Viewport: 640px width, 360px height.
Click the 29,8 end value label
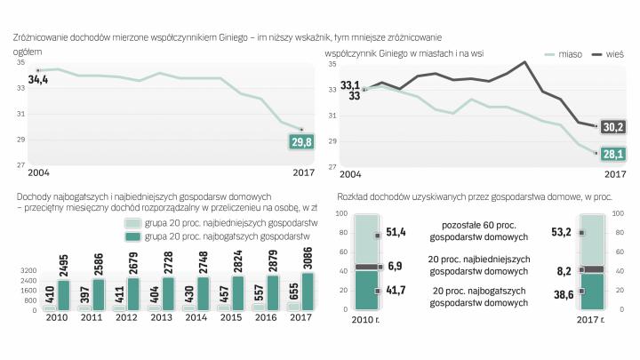[301, 142]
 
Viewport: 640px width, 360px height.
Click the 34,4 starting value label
[38, 80]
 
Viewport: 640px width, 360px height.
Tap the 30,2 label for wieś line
[613, 127]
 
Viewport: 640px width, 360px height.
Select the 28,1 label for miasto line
[613, 154]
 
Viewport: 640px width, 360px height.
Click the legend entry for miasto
[559, 55]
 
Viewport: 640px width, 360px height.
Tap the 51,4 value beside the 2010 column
[396, 232]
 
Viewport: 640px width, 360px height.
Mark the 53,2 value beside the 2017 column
[562, 233]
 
